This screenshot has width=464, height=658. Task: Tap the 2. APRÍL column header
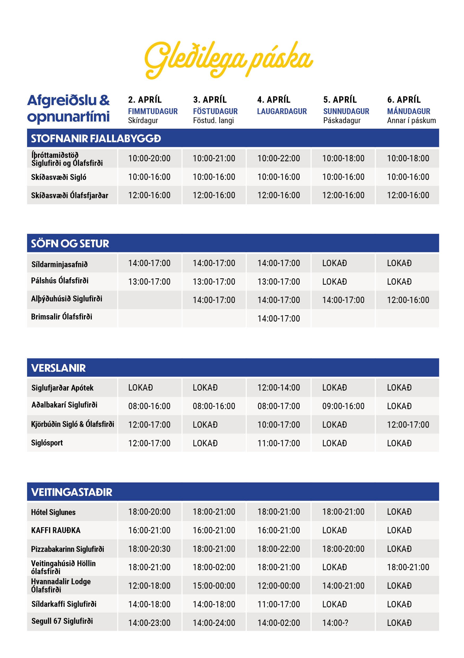pyautogui.click(x=145, y=100)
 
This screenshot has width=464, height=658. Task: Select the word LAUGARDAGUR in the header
pyautogui.click(x=282, y=111)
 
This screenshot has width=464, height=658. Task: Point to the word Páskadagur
pyautogui.click(x=342, y=120)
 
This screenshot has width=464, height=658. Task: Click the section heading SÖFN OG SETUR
pyautogui.click(x=70, y=244)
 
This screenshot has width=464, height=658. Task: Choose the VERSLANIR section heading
pyautogui.click(x=58, y=368)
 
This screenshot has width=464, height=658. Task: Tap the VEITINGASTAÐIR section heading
pyautogui.click(x=72, y=492)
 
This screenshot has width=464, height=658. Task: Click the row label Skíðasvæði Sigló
pyautogui.click(x=58, y=177)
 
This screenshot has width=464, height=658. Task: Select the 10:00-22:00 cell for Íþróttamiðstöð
pyautogui.click(x=278, y=158)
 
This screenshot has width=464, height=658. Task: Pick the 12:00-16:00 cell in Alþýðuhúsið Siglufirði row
pyautogui.click(x=408, y=300)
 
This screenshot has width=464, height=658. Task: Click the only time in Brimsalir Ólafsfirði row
pyautogui.click(x=278, y=318)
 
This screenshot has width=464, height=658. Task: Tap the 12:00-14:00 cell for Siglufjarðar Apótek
pyautogui.click(x=278, y=387)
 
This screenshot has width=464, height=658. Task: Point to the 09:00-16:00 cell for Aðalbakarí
pyautogui.click(x=343, y=406)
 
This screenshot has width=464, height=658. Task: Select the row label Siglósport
pyautogui.click(x=47, y=443)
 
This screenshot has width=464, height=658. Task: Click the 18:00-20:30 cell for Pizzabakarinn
pyautogui.click(x=149, y=549)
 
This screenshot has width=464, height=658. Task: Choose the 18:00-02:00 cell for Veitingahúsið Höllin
pyautogui.click(x=214, y=567)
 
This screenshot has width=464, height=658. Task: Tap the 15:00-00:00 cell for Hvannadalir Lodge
pyautogui.click(x=214, y=586)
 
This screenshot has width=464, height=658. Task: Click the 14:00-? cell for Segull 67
pyautogui.click(x=335, y=623)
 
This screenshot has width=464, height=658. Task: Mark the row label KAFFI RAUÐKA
pyautogui.click(x=56, y=530)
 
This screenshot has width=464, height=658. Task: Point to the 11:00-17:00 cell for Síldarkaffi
pyautogui.click(x=278, y=604)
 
